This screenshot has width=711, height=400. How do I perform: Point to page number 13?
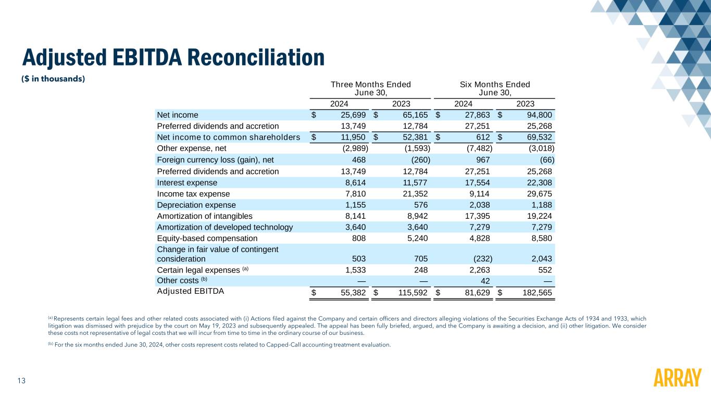pyautogui.click(x=21, y=381)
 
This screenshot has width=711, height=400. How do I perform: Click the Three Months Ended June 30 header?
pyautogui.click(x=371, y=88)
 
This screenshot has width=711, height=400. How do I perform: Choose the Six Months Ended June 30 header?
pyautogui.click(x=495, y=88)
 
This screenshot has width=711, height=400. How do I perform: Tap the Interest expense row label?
pyautogui.click(x=187, y=182)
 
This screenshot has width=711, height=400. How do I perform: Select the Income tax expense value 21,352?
pyautogui.click(x=414, y=194)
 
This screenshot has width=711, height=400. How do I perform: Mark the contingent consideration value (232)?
pyautogui.click(x=482, y=258)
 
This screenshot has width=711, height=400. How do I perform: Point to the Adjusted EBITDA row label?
pyautogui.click(x=190, y=291)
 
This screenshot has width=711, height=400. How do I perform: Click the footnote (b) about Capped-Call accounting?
pyautogui.click(x=219, y=344)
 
